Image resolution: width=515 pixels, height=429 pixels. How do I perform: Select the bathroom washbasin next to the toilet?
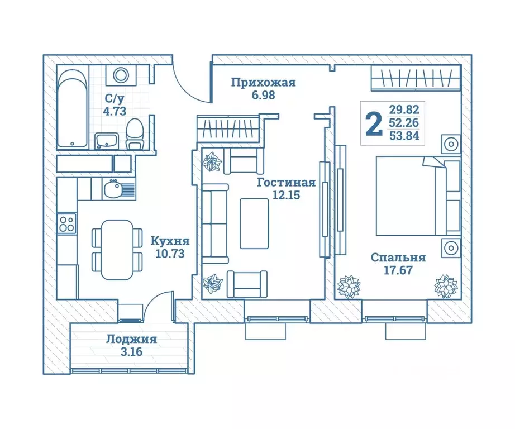coord(107,141)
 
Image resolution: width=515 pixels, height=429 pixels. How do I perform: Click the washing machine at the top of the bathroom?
coord(121,75)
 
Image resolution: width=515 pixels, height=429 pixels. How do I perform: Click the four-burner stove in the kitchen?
coord(66,223)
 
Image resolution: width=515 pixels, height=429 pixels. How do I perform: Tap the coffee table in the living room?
coord(254,223)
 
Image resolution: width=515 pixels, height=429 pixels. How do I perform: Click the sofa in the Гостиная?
coord(215,223)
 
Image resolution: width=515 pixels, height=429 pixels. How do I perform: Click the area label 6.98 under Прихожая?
coord(263,96)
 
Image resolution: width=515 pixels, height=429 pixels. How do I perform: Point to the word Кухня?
coord(170,241)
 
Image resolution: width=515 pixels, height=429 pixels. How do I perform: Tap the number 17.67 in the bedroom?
coord(398,270)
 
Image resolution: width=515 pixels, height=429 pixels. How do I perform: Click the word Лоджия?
coord(131,339)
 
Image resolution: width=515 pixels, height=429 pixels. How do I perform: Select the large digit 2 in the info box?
coord(374,123)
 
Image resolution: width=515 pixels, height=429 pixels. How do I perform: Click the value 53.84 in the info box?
coord(404,136)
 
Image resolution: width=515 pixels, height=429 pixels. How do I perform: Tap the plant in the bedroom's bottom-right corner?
coord(446,286)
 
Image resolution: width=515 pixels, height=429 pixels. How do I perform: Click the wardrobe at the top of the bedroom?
coord(416,78)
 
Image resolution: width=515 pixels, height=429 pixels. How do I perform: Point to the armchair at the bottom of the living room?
coord(247,284)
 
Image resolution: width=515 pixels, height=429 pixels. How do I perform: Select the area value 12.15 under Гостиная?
coord(287,195)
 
